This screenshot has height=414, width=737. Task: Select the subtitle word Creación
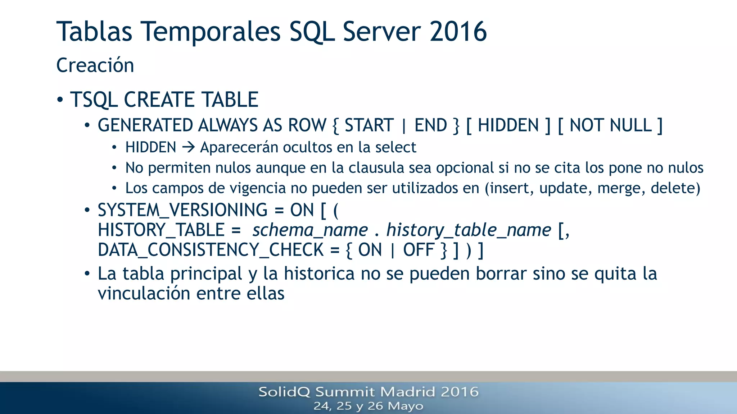(x=95, y=65)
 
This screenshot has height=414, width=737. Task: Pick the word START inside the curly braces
(x=369, y=125)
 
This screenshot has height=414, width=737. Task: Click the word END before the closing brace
(x=430, y=125)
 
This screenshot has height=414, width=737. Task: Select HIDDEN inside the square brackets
(x=508, y=125)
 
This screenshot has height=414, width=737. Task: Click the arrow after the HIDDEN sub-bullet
(x=188, y=147)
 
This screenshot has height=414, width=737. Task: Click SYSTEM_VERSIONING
(x=182, y=210)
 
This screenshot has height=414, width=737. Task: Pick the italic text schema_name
(x=310, y=230)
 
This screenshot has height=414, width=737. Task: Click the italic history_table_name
(x=469, y=230)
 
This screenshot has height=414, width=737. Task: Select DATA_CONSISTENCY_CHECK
(x=211, y=250)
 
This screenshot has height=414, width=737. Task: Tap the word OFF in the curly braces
(x=418, y=250)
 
